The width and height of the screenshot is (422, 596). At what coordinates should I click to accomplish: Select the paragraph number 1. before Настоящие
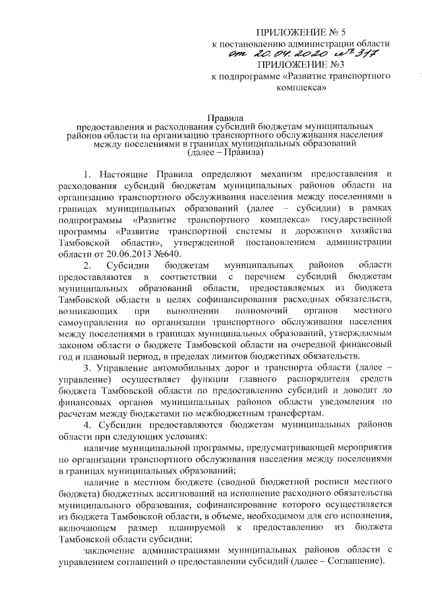click(x=88, y=174)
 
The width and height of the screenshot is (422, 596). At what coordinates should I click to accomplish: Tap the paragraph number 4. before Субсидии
click(x=88, y=425)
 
